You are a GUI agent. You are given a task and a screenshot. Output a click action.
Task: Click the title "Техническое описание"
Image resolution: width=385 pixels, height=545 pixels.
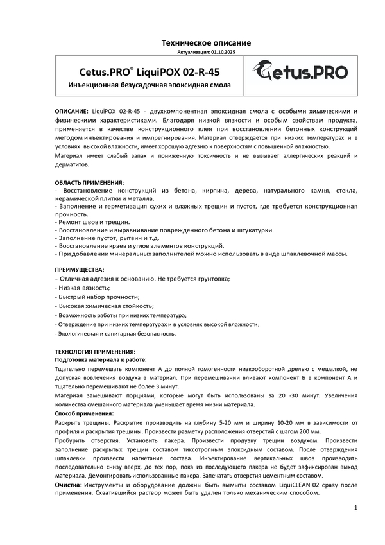(x=205, y=43)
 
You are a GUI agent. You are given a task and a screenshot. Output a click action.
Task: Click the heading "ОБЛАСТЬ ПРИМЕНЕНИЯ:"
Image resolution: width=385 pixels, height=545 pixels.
(x=89, y=183)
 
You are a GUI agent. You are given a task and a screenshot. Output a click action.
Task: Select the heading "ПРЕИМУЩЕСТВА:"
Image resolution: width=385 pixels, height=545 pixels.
(x=79, y=270)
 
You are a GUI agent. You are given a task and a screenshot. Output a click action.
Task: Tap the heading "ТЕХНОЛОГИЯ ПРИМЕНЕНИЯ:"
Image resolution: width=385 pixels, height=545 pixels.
(x=95, y=352)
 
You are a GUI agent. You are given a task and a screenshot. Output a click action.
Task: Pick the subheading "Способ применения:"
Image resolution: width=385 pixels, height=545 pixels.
(x=83, y=413)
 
